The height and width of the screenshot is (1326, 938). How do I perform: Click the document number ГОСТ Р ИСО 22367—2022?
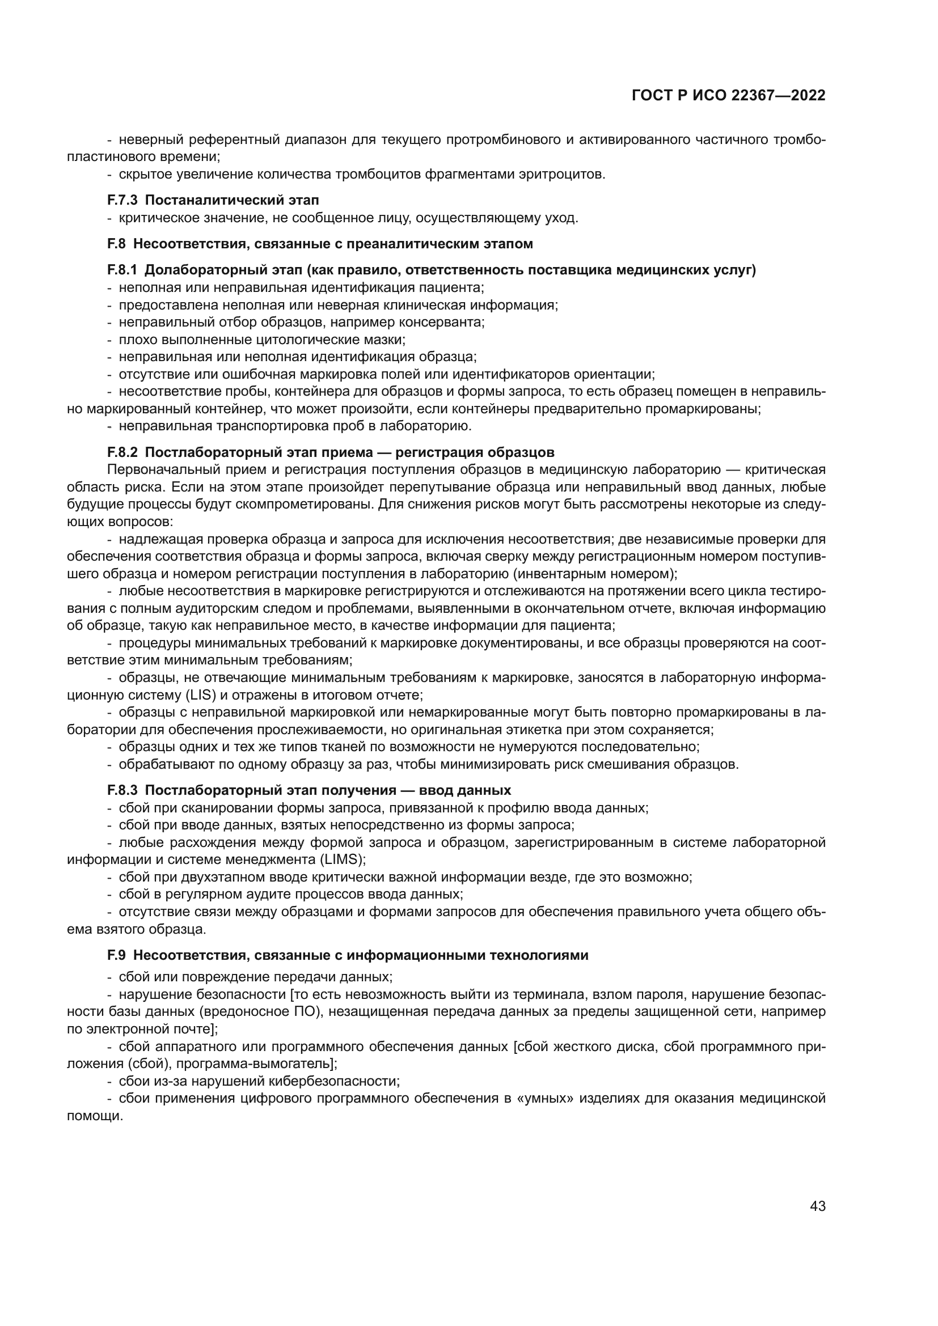728,96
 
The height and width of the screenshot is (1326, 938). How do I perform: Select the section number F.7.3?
122,200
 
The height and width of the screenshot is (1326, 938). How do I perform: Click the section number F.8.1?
122,270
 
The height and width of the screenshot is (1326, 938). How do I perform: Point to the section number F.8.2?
122,451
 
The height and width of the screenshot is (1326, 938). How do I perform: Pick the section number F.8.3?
122,790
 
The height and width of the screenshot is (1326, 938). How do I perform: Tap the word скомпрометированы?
318,503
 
